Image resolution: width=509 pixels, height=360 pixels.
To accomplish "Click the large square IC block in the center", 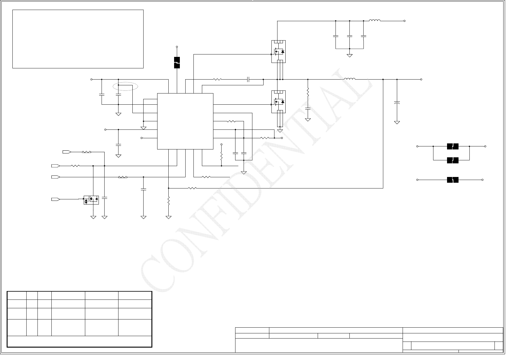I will [x=185, y=121].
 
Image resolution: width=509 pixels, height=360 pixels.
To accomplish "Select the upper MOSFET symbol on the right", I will [x=278, y=52].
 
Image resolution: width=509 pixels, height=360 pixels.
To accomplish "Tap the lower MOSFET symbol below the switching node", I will [x=278, y=102].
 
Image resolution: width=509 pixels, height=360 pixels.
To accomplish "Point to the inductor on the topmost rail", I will [x=375, y=21].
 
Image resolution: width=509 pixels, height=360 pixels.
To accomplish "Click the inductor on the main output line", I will [x=350, y=79].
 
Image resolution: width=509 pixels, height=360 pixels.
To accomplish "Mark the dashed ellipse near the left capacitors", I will [x=125, y=87].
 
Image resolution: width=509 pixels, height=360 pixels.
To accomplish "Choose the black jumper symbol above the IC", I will [x=177, y=63].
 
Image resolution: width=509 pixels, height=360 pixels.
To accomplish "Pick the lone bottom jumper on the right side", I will [x=452, y=180].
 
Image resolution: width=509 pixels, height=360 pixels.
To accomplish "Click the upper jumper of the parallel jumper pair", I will [x=452, y=146].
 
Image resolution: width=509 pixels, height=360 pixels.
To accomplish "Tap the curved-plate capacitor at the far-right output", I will [x=397, y=103].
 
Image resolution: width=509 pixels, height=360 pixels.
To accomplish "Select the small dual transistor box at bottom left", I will [x=91, y=200].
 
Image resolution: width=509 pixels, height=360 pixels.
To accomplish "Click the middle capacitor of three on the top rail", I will [x=349, y=36].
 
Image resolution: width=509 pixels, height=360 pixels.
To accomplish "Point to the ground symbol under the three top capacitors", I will [x=349, y=55].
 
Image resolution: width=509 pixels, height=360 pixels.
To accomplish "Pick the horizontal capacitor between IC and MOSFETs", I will [x=248, y=80].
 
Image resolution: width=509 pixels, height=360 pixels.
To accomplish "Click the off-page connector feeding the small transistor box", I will [x=56, y=199].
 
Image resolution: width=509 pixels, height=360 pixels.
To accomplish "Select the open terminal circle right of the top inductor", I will [x=404, y=21].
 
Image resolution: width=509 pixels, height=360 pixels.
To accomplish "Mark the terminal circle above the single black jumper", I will [x=177, y=47].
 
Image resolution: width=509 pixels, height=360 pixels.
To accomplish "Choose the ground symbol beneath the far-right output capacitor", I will [x=397, y=122].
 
